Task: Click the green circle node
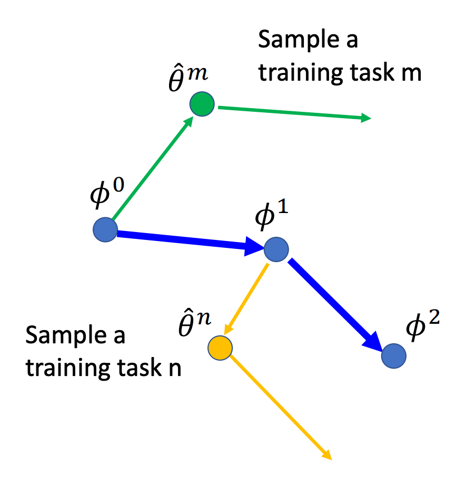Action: coord(202,104)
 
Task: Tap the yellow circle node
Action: coord(220,348)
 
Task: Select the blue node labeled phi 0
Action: coord(105,230)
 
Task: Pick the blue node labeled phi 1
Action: coord(276,249)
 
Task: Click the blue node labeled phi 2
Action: coord(394,356)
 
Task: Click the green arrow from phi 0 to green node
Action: coord(153,169)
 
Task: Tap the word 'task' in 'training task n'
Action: coord(138,368)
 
